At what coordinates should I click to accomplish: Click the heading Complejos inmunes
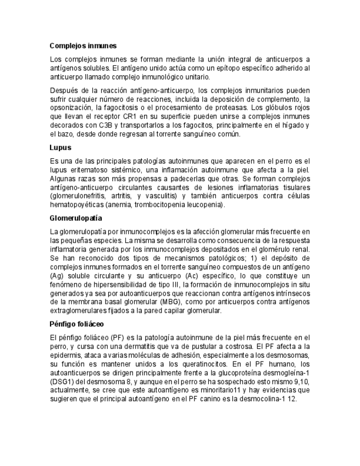[x=83, y=46]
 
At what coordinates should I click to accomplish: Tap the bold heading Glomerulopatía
[x=76, y=218]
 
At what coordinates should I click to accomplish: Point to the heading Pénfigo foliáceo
[x=76, y=324]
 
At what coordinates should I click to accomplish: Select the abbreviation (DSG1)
[x=62, y=381]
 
